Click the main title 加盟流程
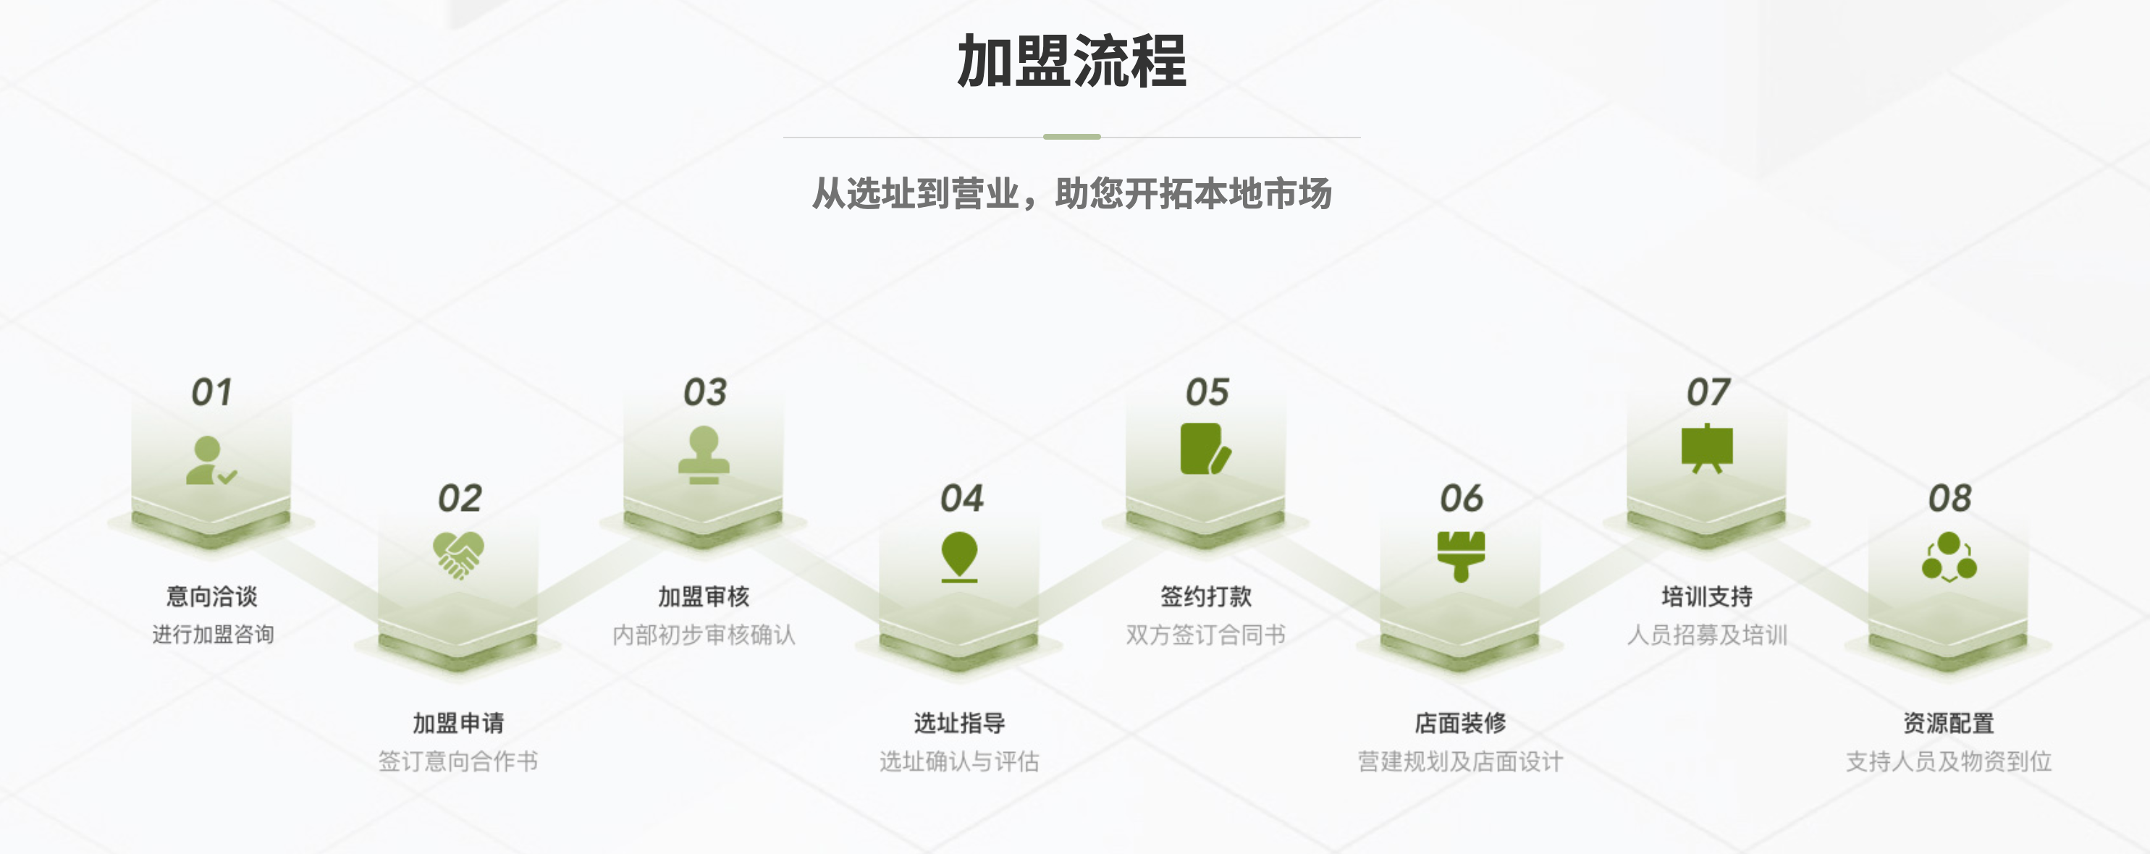(x=1071, y=61)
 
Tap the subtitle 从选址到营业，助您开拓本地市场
(x=1071, y=194)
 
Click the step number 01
(x=212, y=392)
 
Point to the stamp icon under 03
(x=704, y=455)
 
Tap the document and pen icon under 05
(x=1206, y=449)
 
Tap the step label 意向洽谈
(x=212, y=596)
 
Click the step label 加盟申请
(x=458, y=723)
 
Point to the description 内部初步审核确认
(x=704, y=635)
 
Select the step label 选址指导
(x=959, y=723)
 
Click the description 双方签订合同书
(x=1206, y=635)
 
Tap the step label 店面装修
(x=1461, y=723)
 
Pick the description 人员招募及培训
(x=1707, y=635)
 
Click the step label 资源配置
(x=1949, y=723)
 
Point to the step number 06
(x=1462, y=499)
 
